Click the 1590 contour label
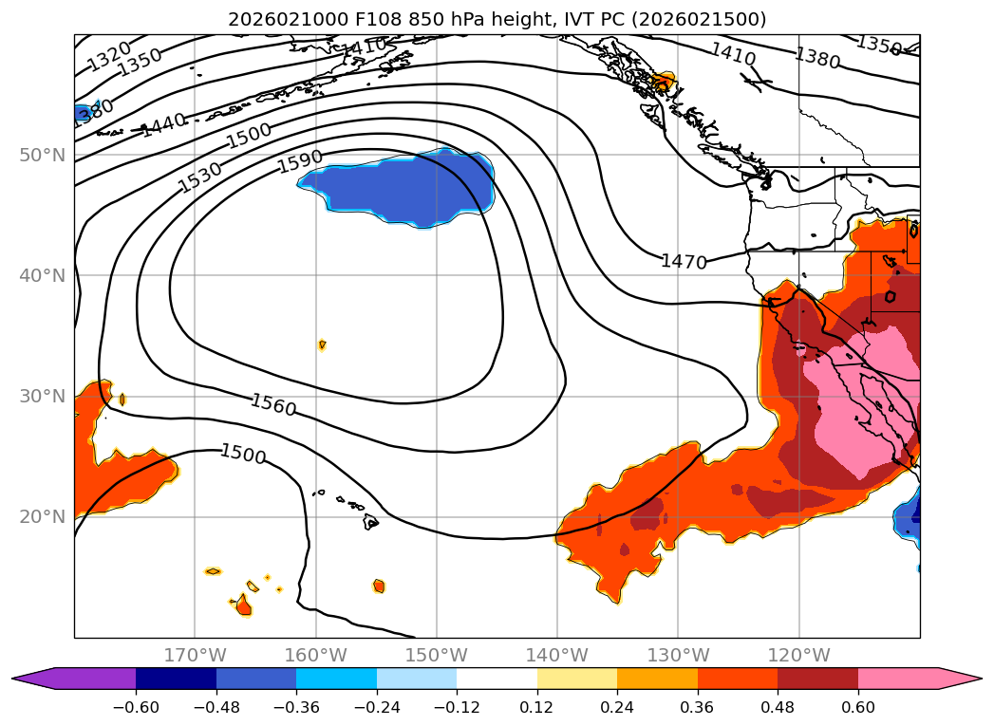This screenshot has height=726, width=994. click(300, 161)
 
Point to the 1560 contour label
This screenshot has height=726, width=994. click(273, 405)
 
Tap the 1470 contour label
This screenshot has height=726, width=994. click(684, 261)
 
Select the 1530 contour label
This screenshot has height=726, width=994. click(200, 177)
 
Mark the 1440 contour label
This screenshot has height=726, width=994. click(164, 124)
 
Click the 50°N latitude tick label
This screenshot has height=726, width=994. click(42, 155)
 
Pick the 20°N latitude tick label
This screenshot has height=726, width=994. click(42, 517)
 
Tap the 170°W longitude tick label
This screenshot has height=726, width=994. click(195, 656)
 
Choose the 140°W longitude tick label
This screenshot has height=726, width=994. click(557, 656)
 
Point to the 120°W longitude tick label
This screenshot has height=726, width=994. click(798, 656)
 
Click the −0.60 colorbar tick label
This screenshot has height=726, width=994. click(137, 706)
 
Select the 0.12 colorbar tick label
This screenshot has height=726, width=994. click(537, 706)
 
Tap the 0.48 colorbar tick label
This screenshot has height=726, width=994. click(778, 706)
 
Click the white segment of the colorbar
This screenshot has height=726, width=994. click(497, 679)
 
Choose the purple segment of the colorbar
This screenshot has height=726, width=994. click(85, 679)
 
